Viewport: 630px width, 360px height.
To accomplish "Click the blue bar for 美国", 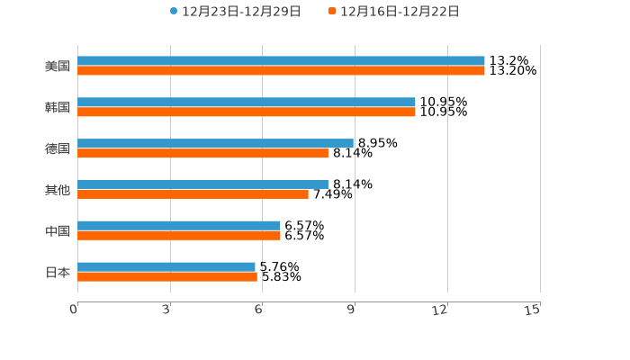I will (x=281, y=61).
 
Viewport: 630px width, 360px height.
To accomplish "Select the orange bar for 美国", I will (x=281, y=71).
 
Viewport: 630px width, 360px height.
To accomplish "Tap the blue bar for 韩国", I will (x=247, y=103).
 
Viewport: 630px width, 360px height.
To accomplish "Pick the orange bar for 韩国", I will (x=247, y=112).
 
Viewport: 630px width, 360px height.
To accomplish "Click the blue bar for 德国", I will (x=216, y=144).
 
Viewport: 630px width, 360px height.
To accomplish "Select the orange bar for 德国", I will (x=202, y=154).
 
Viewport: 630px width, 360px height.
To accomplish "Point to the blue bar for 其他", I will (x=202, y=184).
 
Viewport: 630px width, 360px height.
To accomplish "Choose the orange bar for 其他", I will (x=193, y=194).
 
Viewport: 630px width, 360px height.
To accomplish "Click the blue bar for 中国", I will (x=179, y=226).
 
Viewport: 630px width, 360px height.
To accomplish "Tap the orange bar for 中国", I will (x=179, y=236).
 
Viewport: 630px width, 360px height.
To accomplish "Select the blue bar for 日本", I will (x=166, y=267).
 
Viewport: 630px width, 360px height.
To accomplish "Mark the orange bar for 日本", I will (x=167, y=277).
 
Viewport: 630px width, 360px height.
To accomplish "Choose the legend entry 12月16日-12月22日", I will (x=399, y=12).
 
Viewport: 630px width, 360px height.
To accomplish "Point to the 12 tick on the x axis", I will (x=440, y=310).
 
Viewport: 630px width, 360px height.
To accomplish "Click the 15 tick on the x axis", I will (x=533, y=310).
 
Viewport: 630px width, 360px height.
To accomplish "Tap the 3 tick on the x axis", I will (x=166, y=310).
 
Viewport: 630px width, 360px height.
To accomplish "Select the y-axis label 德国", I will (x=58, y=149).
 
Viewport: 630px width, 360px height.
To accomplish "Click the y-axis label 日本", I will (x=58, y=273).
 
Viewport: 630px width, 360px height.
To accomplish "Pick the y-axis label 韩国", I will (x=58, y=108).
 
